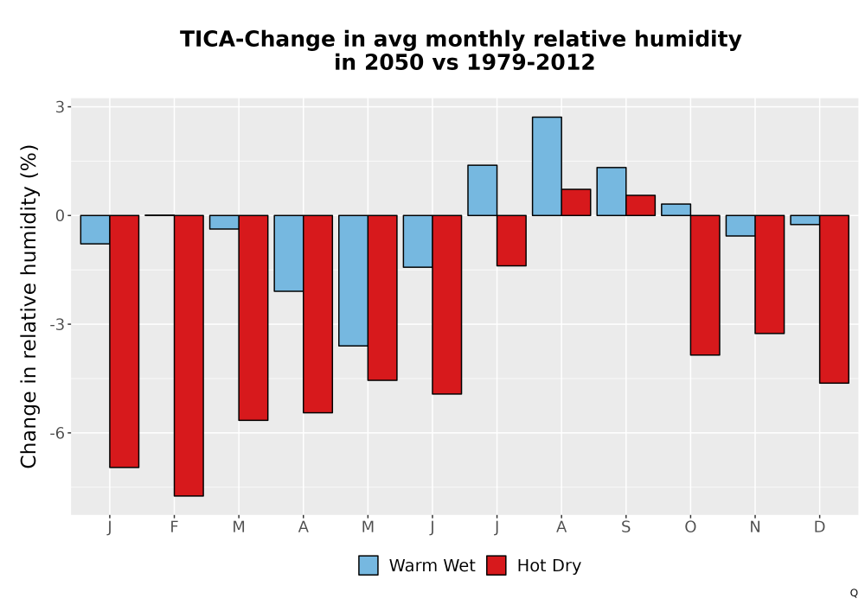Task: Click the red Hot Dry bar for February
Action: tap(189, 355)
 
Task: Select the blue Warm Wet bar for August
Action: tap(547, 166)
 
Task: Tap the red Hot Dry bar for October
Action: tap(705, 285)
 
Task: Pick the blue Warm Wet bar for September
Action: tap(612, 191)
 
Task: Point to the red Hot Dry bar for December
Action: tap(834, 299)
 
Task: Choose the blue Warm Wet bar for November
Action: tap(740, 226)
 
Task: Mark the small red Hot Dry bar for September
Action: tap(640, 205)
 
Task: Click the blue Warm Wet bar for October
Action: tap(676, 209)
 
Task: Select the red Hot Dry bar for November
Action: tap(770, 274)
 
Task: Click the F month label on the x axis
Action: tap(175, 527)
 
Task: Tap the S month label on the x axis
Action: tap(625, 527)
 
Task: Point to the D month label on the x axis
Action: tap(820, 527)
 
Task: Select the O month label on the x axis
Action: tap(690, 527)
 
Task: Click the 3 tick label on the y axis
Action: tap(60, 107)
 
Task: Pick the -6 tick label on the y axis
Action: tap(57, 433)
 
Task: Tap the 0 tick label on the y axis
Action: tap(60, 215)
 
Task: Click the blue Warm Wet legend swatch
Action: tap(368, 565)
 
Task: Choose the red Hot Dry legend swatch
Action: tap(497, 565)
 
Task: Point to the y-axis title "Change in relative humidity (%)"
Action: tap(29, 306)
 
